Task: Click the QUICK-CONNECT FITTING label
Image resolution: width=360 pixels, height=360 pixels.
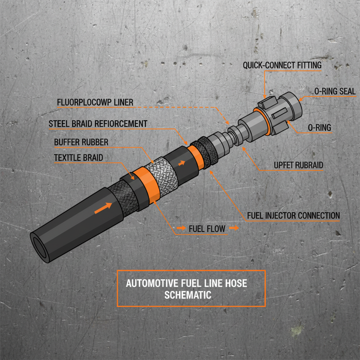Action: (x=282, y=65)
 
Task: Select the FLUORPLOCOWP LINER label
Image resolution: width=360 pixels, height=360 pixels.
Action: (x=95, y=102)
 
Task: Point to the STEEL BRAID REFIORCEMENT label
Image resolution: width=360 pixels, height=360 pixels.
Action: (x=98, y=124)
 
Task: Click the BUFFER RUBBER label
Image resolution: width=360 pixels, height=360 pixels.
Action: (x=81, y=142)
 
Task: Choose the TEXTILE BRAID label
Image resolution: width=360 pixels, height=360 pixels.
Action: (x=78, y=157)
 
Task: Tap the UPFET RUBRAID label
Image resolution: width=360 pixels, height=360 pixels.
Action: (x=298, y=165)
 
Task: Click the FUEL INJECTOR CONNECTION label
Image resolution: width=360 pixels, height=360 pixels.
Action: (x=294, y=215)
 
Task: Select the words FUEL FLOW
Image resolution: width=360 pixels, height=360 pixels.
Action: (x=207, y=229)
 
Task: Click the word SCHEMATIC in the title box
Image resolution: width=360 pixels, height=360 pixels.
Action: (x=188, y=295)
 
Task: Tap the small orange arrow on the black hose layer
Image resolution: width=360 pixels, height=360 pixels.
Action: (x=181, y=163)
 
